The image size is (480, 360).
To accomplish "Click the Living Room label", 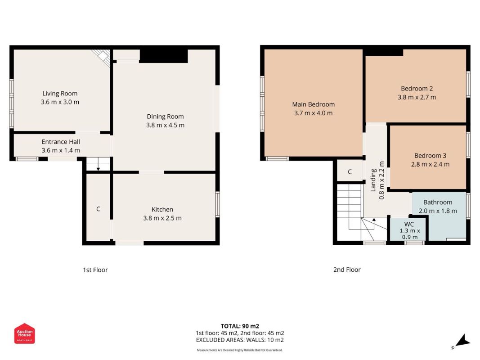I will [x=60, y=94].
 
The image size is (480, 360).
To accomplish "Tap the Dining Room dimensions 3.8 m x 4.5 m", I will [x=165, y=125].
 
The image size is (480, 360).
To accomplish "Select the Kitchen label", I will [x=162, y=209].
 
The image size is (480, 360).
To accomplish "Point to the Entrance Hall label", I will [x=61, y=142].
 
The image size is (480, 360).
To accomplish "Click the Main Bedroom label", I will [x=313, y=104].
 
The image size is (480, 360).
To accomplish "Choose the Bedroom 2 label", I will [x=417, y=89].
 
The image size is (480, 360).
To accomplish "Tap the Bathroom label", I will [x=437, y=202].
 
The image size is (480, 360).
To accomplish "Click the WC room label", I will [x=409, y=224].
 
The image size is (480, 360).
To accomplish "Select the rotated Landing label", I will [x=373, y=180].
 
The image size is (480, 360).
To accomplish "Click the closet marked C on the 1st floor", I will [x=98, y=209].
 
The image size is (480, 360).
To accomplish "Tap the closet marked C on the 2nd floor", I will [x=350, y=172].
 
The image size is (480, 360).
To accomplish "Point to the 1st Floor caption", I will [x=95, y=270].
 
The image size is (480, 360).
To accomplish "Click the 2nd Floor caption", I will [x=347, y=270].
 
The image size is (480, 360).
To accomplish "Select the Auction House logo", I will [x=24, y=333].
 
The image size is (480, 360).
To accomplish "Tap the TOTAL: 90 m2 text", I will [x=240, y=326].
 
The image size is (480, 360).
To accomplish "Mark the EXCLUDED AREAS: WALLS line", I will [x=240, y=340].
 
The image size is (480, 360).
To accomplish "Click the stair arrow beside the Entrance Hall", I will [x=98, y=166].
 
